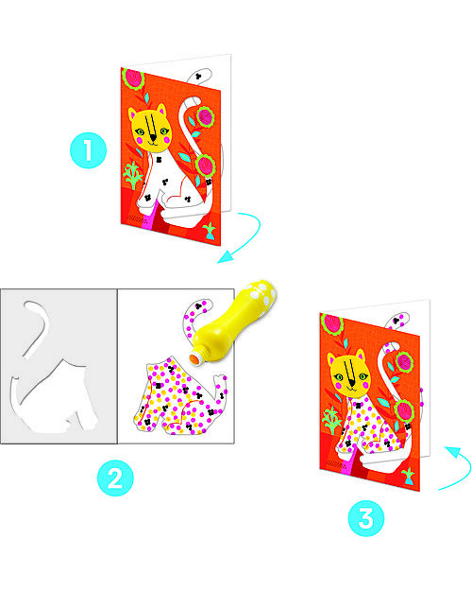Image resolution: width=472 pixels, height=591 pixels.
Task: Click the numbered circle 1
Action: [88, 148]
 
